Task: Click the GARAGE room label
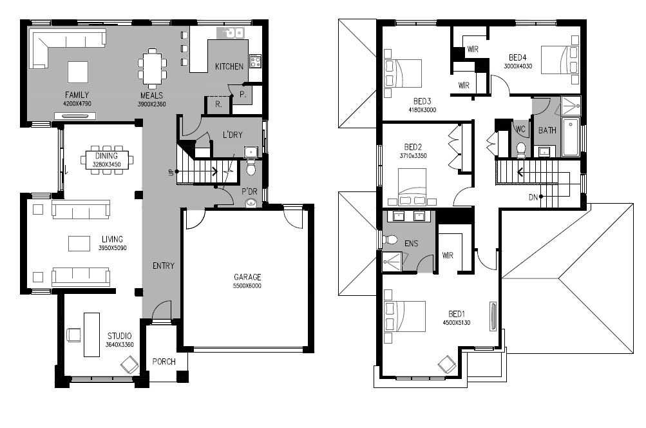[x=247, y=277]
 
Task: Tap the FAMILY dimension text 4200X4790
[x=77, y=104]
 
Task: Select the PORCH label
[x=164, y=362]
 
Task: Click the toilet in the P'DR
[x=251, y=167]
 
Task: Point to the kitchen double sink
[x=231, y=32]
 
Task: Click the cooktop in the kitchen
[x=255, y=61]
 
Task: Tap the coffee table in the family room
[x=78, y=72]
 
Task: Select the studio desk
[x=91, y=335]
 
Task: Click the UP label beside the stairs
[x=171, y=173]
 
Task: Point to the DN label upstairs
[x=533, y=197]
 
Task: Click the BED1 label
[x=457, y=314]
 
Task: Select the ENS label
[x=411, y=243]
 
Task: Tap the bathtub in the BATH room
[x=571, y=137]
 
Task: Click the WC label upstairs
[x=520, y=129]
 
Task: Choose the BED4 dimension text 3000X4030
[x=518, y=66]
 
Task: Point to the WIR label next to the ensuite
[x=448, y=255]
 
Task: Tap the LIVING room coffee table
[x=79, y=243]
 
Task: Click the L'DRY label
[x=233, y=135]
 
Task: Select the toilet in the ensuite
[x=389, y=240]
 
